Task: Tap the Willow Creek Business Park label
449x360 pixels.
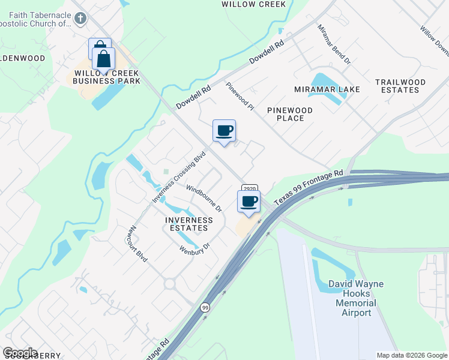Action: pyautogui.click(x=107, y=77)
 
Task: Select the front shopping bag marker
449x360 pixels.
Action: pyautogui.click(x=104, y=59)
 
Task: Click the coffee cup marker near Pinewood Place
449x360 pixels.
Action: pyautogui.click(x=224, y=131)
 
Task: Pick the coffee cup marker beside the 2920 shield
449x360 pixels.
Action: pyautogui.click(x=249, y=202)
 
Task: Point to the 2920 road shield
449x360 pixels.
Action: pyautogui.click(x=250, y=188)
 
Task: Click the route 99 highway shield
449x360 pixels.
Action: pyautogui.click(x=205, y=307)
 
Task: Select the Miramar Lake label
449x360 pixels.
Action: pyautogui.click(x=327, y=89)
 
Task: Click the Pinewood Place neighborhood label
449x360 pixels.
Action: pyautogui.click(x=290, y=114)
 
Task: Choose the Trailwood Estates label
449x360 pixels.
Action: pyautogui.click(x=400, y=86)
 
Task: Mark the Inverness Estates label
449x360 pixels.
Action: pyautogui.click(x=188, y=224)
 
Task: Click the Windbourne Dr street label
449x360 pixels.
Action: pyautogui.click(x=204, y=199)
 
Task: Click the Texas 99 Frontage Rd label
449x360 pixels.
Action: pyautogui.click(x=309, y=188)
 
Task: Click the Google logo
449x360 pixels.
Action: pyautogui.click(x=20, y=352)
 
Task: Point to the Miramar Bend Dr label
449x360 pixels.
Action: pyautogui.click(x=333, y=44)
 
